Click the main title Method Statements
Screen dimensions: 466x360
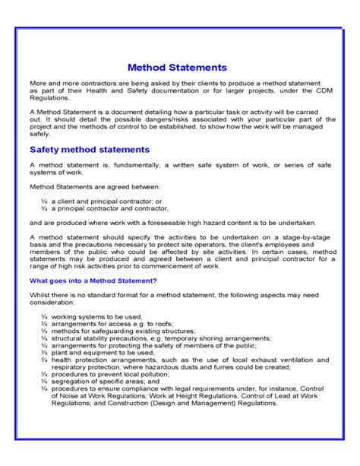[x=177, y=68]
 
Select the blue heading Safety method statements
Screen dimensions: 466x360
[x=89, y=149]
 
